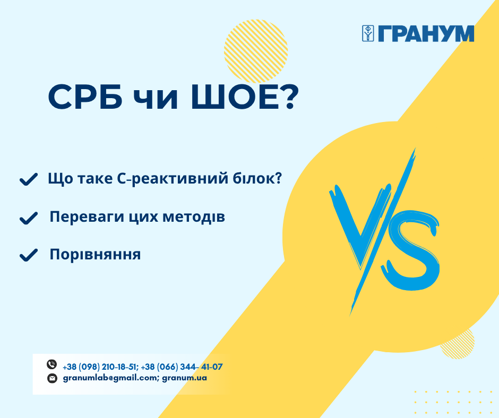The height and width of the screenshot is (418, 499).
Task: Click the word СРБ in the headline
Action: coord(85,97)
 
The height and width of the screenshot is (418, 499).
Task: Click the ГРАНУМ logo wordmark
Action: coord(426,33)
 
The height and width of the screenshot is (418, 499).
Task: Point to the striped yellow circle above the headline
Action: coord(256,51)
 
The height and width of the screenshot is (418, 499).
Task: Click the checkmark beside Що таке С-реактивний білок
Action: coord(29,179)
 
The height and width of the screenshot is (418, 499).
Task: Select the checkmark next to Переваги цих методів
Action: coord(29,218)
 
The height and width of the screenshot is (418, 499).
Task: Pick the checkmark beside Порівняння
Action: coord(29,255)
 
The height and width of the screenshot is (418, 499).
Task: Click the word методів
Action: coord(194,217)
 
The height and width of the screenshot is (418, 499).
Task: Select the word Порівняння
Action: coord(95,255)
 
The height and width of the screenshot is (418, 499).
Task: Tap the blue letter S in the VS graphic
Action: coord(410,250)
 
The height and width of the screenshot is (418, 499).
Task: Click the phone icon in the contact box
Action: coord(51,364)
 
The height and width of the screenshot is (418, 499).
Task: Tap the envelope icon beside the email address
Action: coord(52,378)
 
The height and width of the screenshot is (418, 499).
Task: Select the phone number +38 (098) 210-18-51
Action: coord(100,367)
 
